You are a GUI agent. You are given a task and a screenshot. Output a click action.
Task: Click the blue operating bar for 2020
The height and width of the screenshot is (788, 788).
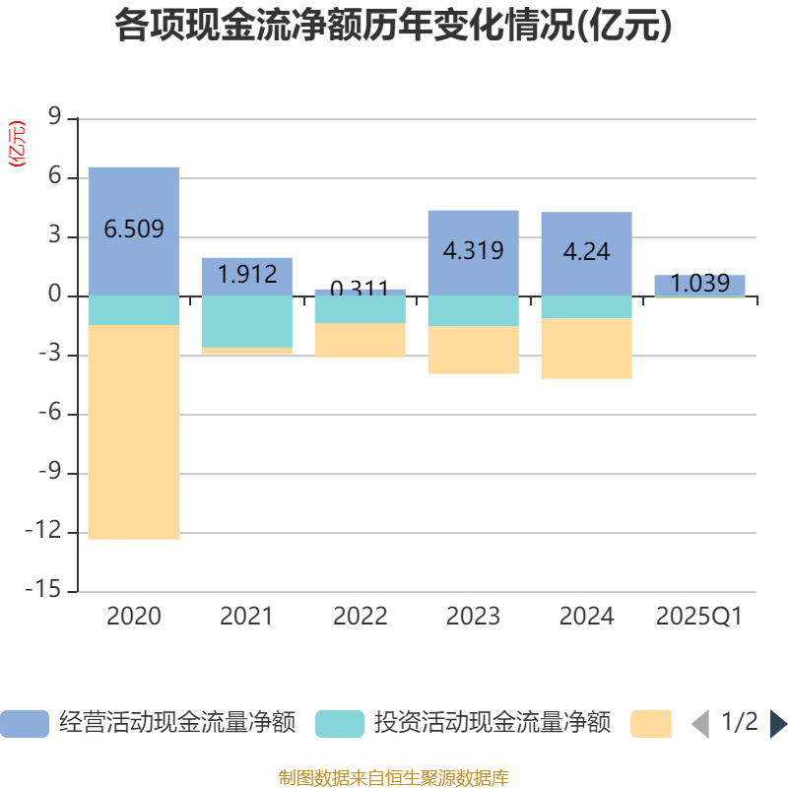pyautogui.click(x=134, y=197)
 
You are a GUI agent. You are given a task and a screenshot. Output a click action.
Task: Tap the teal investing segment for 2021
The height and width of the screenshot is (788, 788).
pyautogui.click(x=246, y=321)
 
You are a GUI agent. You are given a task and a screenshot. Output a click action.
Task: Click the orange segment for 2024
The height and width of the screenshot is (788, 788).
pyautogui.click(x=586, y=349)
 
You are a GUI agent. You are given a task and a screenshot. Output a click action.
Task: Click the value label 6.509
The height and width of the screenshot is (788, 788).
pyautogui.click(x=134, y=230)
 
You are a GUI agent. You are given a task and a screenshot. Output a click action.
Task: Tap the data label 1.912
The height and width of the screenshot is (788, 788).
pyautogui.click(x=246, y=274)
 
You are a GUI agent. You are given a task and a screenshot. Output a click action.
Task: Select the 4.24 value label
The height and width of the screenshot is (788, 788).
pyautogui.click(x=586, y=251)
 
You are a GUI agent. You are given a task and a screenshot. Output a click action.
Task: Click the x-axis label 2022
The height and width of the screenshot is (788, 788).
pyautogui.click(x=360, y=617)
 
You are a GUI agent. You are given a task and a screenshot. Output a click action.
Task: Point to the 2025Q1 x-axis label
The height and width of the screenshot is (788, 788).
pyautogui.click(x=699, y=617)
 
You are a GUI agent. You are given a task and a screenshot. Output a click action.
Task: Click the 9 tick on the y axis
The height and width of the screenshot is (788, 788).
pyautogui.click(x=54, y=119)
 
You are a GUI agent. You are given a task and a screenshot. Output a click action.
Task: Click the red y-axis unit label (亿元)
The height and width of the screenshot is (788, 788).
pyautogui.click(x=17, y=144)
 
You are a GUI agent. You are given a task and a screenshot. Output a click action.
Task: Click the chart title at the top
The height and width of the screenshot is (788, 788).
pyautogui.click(x=394, y=26)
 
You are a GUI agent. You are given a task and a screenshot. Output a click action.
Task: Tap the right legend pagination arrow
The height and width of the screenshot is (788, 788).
pyautogui.click(x=778, y=724)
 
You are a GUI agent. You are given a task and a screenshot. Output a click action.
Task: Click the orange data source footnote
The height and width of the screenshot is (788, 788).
pyautogui.click(x=394, y=778)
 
